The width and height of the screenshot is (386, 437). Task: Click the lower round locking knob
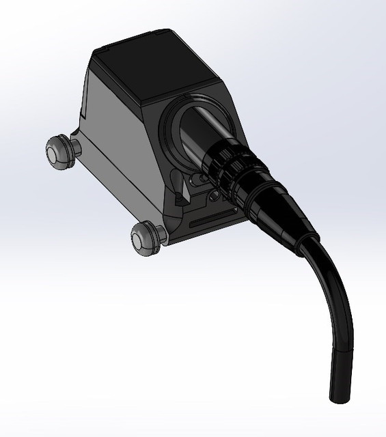click(144, 237)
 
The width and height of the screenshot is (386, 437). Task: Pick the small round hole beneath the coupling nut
click(215, 195)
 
